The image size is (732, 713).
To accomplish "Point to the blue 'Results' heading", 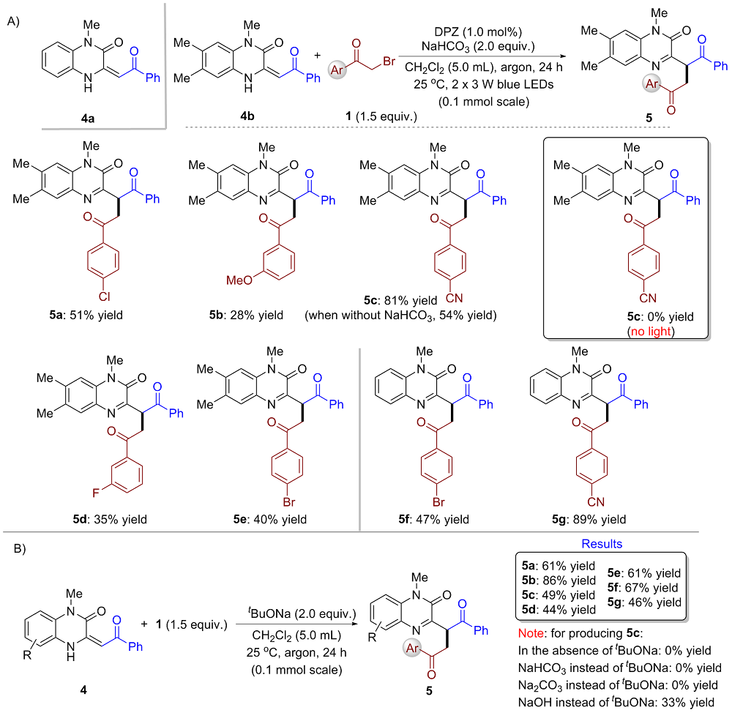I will click(x=602, y=545).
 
